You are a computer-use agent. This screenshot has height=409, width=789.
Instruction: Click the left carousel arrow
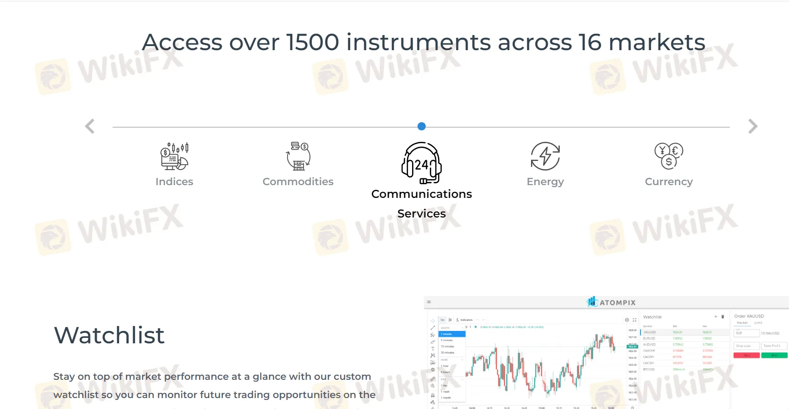pyautogui.click(x=90, y=126)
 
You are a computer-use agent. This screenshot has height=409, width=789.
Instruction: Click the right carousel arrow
pyautogui.click(x=753, y=126)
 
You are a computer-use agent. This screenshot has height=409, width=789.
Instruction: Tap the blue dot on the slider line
pyautogui.click(x=422, y=126)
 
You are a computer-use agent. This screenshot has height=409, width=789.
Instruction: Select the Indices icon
pyautogui.click(x=175, y=156)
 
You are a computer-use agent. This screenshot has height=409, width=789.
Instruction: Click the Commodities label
pyautogui.click(x=298, y=181)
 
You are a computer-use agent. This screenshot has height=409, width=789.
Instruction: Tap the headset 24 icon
pyautogui.click(x=422, y=163)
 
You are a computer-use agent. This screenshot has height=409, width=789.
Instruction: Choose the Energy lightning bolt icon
pyautogui.click(x=545, y=156)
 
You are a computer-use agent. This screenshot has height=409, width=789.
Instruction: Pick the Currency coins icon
pyautogui.click(x=669, y=156)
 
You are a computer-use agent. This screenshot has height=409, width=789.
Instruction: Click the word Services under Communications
pyautogui.click(x=422, y=213)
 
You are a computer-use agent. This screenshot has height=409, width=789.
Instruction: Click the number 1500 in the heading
pyautogui.click(x=313, y=42)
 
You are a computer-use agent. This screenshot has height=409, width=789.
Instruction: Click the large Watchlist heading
pyautogui.click(x=109, y=335)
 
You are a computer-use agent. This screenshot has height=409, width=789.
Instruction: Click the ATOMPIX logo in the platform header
pyautogui.click(x=611, y=302)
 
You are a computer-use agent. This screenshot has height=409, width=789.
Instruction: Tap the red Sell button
pyautogui.click(x=747, y=355)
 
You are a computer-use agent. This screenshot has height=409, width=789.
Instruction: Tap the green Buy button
pyautogui.click(x=774, y=355)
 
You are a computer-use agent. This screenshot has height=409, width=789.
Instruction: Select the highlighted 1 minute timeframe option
pyautogui.click(x=452, y=334)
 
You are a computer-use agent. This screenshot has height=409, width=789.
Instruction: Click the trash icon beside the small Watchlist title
pyautogui.click(x=722, y=316)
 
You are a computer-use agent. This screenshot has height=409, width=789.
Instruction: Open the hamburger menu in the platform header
pyautogui.click(x=429, y=302)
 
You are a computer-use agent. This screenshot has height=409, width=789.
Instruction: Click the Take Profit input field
pyautogui.click(x=774, y=346)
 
